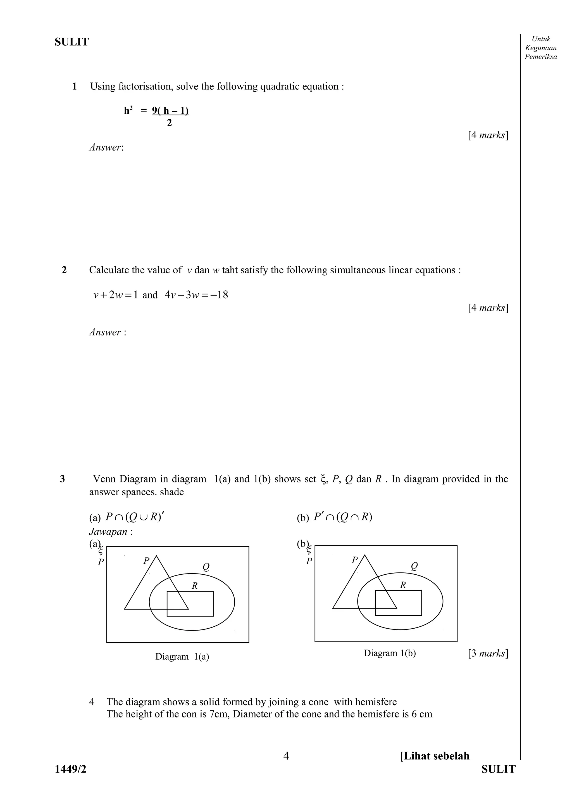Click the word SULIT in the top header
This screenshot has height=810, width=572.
[x=71, y=42]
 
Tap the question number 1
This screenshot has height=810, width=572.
[x=74, y=86]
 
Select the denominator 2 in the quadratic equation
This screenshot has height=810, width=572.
[x=170, y=123]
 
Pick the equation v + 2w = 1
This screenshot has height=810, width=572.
[x=115, y=295]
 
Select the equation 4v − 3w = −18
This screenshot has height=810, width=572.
[x=196, y=295]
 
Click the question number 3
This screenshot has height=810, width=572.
[x=62, y=479]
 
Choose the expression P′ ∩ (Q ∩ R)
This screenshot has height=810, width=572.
[x=343, y=517]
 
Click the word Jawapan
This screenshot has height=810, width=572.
[x=108, y=531]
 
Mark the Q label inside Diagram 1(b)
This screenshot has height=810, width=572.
[x=414, y=566]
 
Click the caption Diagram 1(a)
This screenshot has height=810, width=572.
[x=182, y=657]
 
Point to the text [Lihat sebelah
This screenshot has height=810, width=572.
[x=435, y=756]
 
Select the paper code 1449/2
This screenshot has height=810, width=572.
[x=70, y=769]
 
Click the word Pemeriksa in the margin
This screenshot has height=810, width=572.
[x=541, y=57]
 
